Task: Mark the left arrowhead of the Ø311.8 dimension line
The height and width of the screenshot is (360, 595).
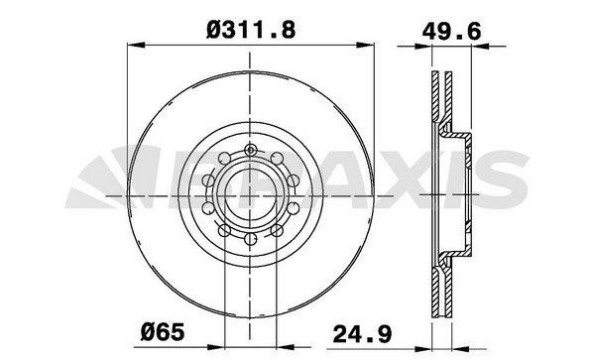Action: coord(135,45)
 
